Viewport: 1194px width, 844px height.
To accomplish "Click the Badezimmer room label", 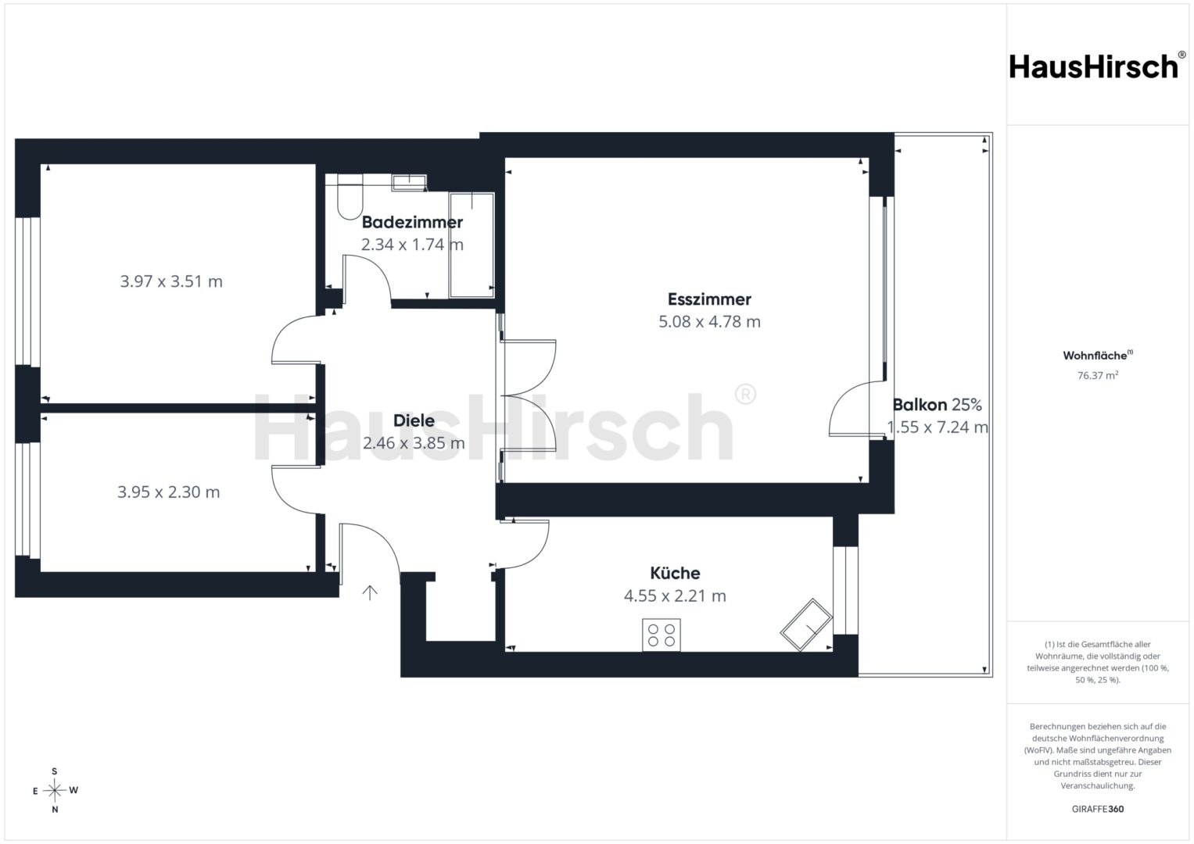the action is (412, 222).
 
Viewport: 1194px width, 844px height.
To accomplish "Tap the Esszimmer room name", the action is (709, 299).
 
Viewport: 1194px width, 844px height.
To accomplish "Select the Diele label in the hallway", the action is (414, 420).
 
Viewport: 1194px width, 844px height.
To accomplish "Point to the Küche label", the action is (675, 574).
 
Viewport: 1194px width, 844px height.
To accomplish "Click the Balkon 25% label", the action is (937, 405).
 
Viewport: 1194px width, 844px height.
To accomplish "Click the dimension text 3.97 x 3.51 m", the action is (171, 281).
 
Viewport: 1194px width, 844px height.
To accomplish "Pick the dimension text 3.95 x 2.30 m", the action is (168, 492).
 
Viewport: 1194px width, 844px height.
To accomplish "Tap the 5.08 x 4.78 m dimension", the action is (709, 322).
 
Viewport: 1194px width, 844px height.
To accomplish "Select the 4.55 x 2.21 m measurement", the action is (675, 595).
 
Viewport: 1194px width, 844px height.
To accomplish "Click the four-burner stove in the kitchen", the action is (661, 635).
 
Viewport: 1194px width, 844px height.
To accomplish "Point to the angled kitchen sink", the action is (806, 625).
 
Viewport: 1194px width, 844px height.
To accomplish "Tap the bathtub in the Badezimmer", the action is (472, 245).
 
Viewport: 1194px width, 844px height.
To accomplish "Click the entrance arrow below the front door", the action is (369, 592).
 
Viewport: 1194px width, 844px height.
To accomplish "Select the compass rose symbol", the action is (55, 790).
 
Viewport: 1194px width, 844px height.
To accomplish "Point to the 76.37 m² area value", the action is (1098, 375).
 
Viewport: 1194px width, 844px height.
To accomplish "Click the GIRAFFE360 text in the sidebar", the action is (1098, 809).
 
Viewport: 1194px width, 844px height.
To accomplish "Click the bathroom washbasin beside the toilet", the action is (410, 183).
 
